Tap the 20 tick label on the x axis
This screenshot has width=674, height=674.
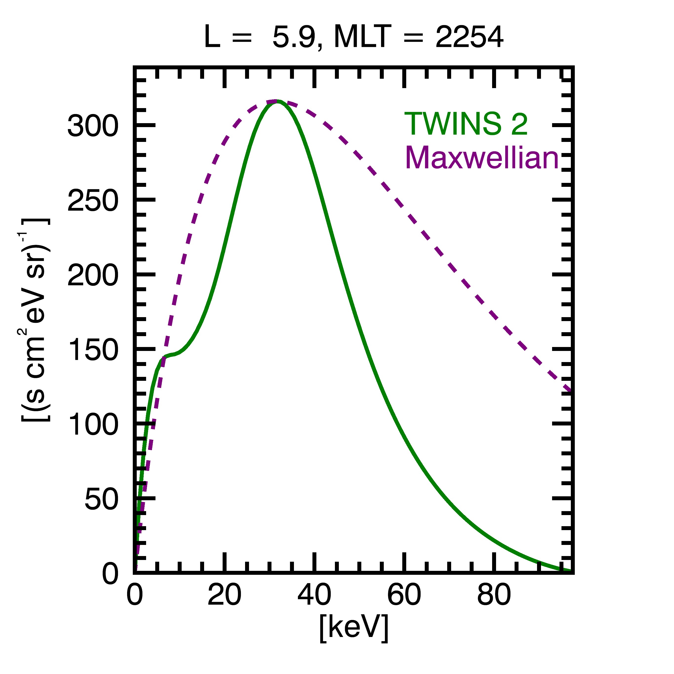224,595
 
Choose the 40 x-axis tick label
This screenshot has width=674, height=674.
314,595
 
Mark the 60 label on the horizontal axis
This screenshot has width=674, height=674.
404,595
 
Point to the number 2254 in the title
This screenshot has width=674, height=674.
469,37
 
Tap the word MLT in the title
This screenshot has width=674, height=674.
362,37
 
